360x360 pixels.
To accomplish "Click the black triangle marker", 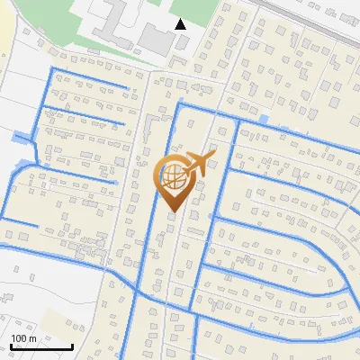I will coord(181,24).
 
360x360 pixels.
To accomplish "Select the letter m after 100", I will coord(32,338).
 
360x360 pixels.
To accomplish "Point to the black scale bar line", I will coord(41,347).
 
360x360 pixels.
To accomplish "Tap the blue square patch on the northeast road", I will coord(263,120).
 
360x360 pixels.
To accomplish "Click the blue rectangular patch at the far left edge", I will coord(20,139).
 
